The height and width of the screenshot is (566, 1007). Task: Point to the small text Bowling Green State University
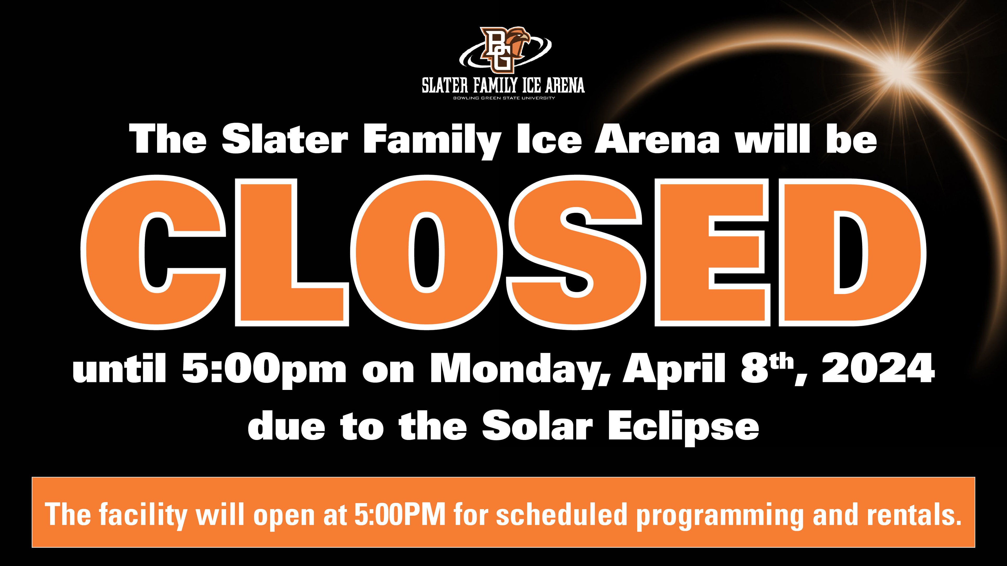coord(504,98)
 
